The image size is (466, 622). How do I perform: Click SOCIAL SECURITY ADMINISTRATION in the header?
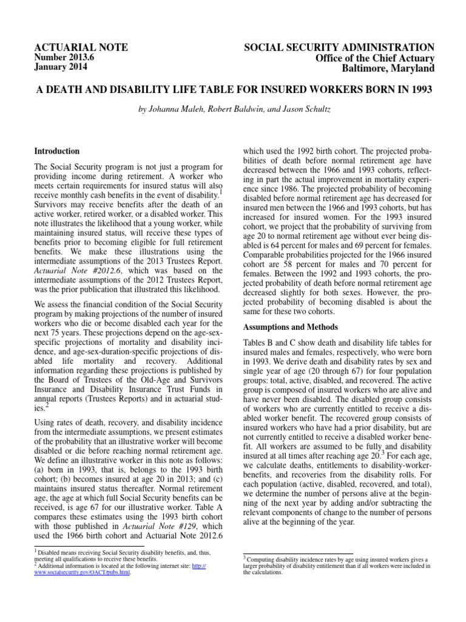click(339, 47)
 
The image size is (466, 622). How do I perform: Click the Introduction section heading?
click(56, 151)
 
